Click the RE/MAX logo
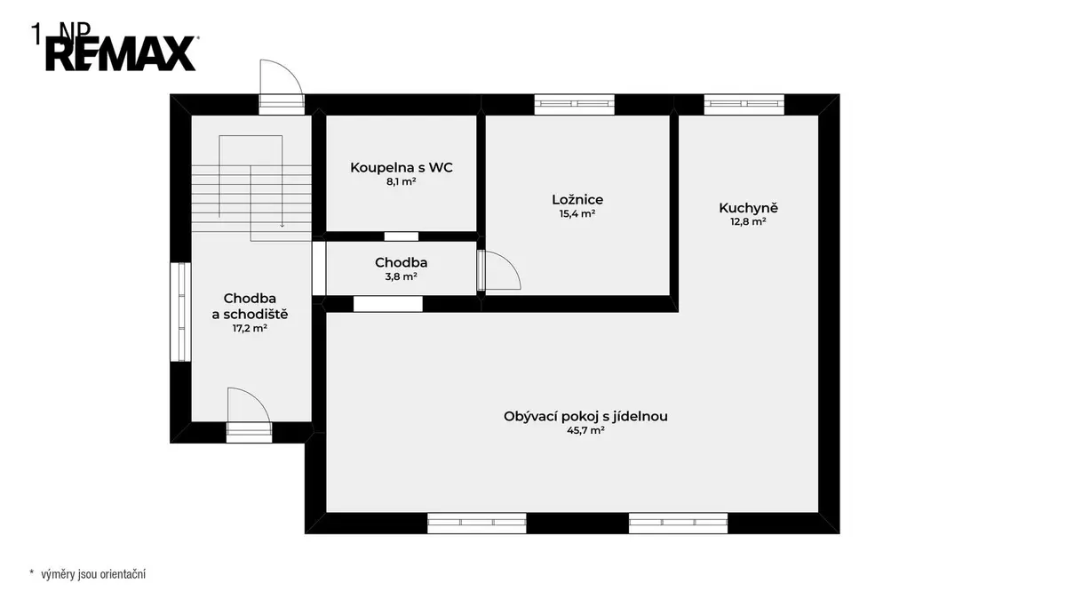point(121,53)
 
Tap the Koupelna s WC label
point(402,168)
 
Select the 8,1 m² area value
point(402,181)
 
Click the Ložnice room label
point(577,199)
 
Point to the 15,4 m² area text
point(577,213)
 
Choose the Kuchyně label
point(748,208)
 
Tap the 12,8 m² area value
point(748,221)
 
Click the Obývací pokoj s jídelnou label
point(585,416)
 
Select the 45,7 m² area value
point(585,430)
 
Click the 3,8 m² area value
point(402,276)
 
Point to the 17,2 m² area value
point(250,328)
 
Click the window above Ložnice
point(575,104)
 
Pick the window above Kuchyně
point(744,104)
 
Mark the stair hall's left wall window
point(181,312)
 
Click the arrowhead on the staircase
point(282,225)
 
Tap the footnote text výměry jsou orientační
point(93,574)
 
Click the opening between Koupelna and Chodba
point(402,236)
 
